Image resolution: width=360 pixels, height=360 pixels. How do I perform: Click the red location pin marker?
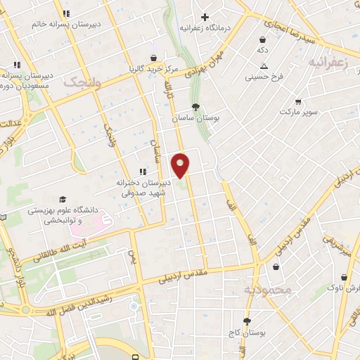pos(181,165)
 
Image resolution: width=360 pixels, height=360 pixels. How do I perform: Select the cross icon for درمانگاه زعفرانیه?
pos(205,17)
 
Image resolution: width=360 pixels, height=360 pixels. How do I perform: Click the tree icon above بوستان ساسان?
pos(195,108)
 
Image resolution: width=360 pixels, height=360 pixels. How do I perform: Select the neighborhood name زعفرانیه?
pos(328,63)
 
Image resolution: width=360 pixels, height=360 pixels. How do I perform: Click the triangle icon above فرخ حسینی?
pos(263,66)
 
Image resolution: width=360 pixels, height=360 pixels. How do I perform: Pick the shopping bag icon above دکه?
pos(262,40)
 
